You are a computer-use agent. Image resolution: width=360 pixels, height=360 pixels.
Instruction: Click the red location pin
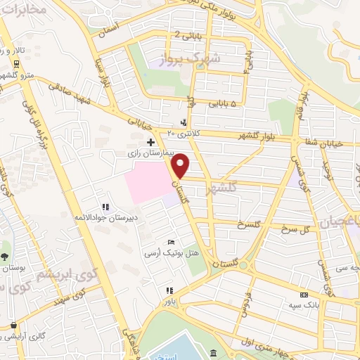click(x=181, y=165)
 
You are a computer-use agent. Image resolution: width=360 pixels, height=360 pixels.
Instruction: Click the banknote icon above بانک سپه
click(x=304, y=295)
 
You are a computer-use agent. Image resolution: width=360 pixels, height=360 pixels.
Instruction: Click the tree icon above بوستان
click(x=6, y=257)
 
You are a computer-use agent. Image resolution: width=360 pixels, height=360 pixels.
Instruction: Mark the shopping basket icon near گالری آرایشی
click(x=13, y=326)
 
